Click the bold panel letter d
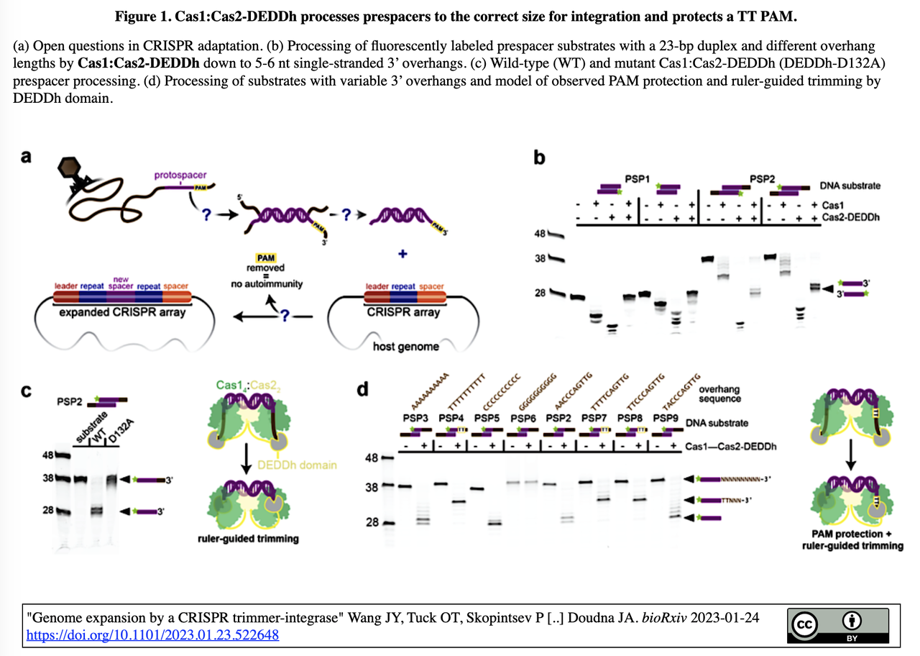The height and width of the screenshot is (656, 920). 364,390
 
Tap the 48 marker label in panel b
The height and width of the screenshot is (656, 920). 540,234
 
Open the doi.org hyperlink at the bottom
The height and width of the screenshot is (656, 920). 152,635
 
